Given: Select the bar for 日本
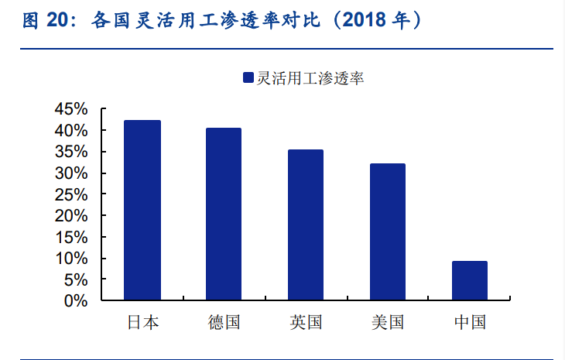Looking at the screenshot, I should tap(142, 210).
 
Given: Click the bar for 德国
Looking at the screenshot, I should tap(224, 214).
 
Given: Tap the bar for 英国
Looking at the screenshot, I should tap(306, 225).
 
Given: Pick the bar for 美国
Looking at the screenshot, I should tap(387, 231).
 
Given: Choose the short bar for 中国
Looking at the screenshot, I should tap(469, 280).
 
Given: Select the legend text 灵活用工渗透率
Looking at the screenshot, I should tap(310, 77).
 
